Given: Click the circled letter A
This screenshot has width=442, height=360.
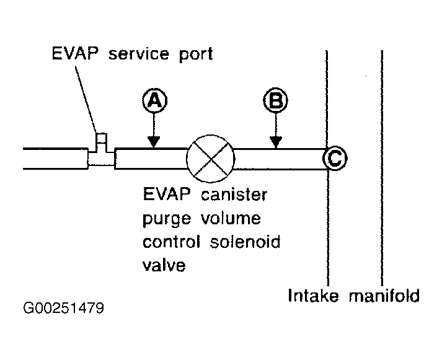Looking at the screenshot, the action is click(x=154, y=100).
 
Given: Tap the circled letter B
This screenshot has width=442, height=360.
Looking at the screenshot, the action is click(x=275, y=100).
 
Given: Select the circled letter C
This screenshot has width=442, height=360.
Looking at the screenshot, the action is click(x=335, y=158).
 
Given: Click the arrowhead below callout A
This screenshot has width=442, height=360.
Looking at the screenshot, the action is click(x=154, y=142).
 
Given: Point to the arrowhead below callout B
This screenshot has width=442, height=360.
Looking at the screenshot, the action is click(x=276, y=142).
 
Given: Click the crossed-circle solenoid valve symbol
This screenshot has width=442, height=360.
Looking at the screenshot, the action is click(x=210, y=158).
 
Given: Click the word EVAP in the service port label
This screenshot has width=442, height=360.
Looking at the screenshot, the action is click(x=75, y=53).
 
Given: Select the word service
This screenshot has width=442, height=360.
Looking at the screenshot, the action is click(x=139, y=53).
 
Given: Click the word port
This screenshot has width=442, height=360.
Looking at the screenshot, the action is click(x=197, y=55).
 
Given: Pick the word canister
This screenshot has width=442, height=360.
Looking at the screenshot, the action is click(x=234, y=195).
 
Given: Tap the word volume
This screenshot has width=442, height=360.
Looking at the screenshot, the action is click(x=231, y=217).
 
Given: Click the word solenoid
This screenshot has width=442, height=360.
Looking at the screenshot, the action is click(x=245, y=242).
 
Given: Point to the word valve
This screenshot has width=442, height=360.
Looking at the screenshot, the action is click(x=164, y=265).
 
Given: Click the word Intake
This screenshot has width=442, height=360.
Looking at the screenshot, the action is click(x=313, y=296).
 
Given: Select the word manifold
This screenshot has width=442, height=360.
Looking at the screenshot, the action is click(x=384, y=296).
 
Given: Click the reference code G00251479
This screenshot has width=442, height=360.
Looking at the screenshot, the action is click(x=63, y=308).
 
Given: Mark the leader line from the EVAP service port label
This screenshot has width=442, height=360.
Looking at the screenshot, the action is click(x=86, y=99).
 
